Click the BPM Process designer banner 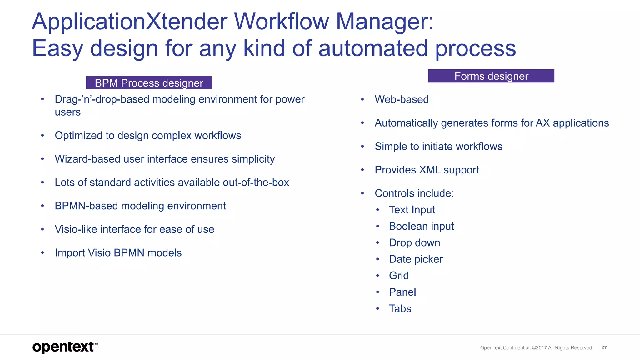point(149,83)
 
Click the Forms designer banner point(491,76)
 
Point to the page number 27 point(604,347)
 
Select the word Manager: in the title point(385,22)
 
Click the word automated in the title point(373,48)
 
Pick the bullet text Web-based point(402,99)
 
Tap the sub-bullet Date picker point(416,259)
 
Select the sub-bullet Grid point(399,276)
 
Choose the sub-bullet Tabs point(400,308)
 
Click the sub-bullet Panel point(402,292)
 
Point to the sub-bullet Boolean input point(421,226)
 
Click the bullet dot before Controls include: point(362,193)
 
